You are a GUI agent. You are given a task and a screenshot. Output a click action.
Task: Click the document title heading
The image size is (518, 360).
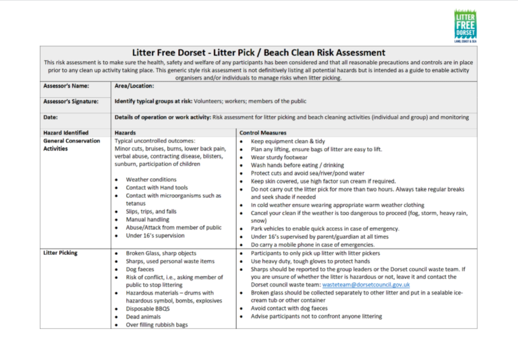tap(258, 53)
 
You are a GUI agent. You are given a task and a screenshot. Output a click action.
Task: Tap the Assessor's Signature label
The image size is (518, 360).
tap(70, 102)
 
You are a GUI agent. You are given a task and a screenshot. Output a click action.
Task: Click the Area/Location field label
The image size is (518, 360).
tap(134, 86)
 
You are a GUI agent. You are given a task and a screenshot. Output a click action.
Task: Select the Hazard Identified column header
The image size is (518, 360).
tap(66, 133)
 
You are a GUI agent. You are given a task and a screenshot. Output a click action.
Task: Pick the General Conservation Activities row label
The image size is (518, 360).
tap(71, 145)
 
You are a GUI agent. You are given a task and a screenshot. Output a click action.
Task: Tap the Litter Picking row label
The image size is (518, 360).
tap(60, 253)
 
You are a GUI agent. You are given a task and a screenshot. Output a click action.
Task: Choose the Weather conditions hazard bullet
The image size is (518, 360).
tap(151, 180)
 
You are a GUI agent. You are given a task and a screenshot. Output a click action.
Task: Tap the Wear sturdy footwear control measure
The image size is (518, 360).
tap(285, 156)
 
